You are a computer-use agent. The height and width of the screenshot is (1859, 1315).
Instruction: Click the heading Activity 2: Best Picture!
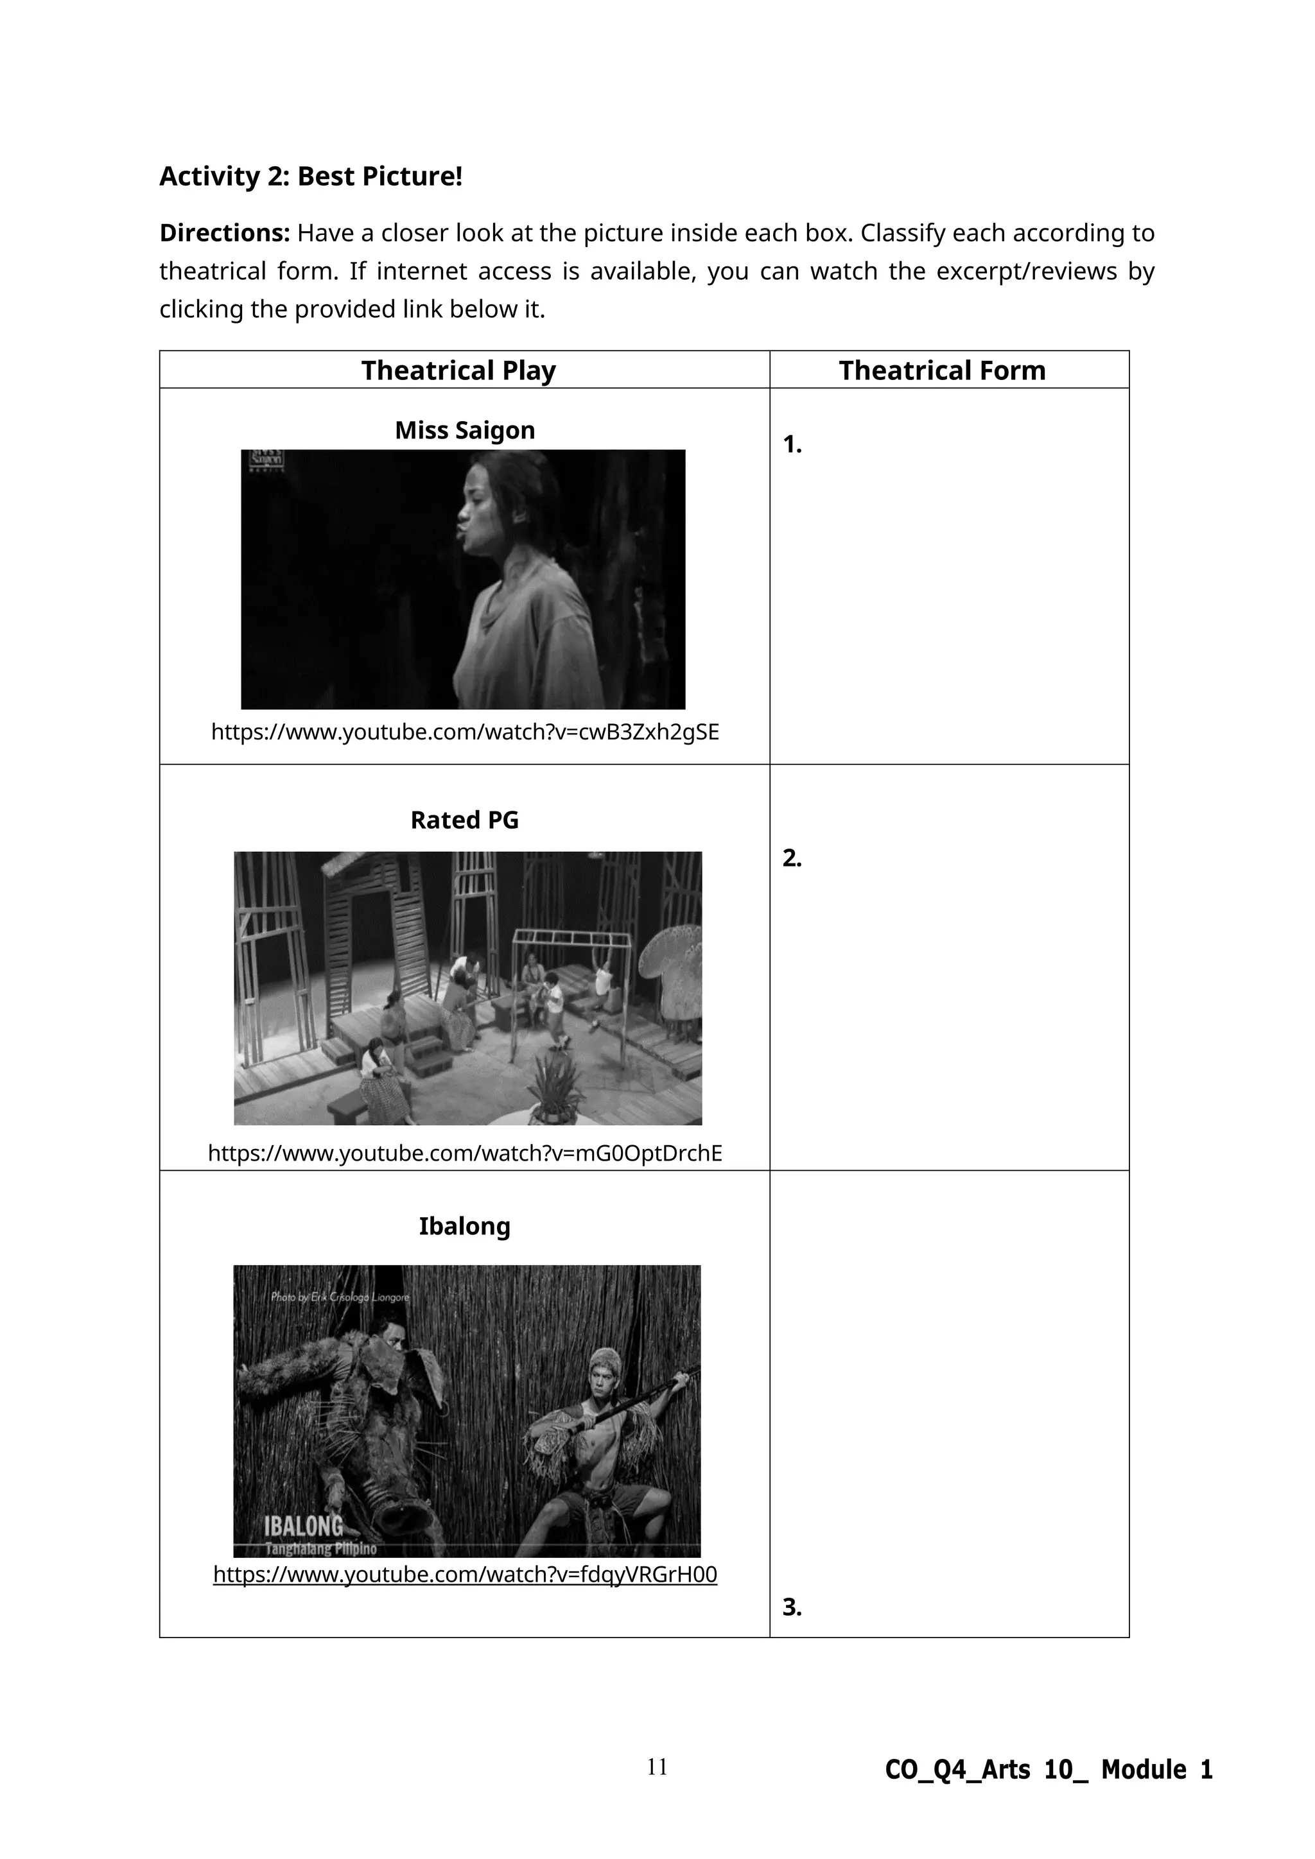coord(310,177)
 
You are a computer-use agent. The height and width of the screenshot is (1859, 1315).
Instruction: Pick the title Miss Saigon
coord(465,430)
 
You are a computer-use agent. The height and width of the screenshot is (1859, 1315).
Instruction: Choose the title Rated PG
coord(464,820)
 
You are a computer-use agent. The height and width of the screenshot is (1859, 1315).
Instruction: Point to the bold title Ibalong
coord(464,1227)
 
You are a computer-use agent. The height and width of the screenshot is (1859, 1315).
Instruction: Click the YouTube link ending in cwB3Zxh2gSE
coord(465,732)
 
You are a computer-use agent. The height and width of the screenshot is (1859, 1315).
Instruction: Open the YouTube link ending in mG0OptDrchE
coord(465,1153)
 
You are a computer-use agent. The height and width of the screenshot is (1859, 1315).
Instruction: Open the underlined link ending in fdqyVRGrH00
coord(465,1575)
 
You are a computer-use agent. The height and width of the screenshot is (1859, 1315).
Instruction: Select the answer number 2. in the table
coord(792,858)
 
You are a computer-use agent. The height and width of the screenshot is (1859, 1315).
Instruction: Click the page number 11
coord(657,1767)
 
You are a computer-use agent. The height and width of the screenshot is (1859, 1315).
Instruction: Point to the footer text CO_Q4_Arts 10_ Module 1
coord(1049,1770)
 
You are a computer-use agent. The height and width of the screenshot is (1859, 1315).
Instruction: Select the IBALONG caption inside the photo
coord(304,1526)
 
